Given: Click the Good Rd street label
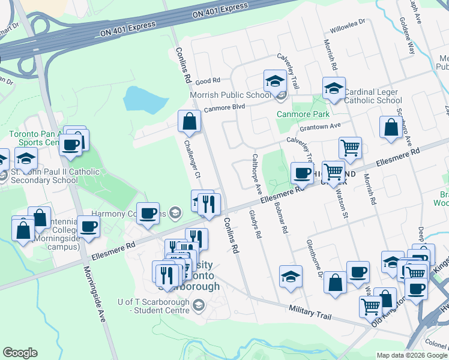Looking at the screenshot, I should [208, 80].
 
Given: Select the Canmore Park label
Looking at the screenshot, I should [302, 114].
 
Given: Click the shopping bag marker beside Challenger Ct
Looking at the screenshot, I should [189, 121].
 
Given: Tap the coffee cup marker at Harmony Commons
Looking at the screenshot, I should [148, 213].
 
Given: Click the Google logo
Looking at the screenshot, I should [20, 353].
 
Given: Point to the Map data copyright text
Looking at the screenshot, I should [411, 355].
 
